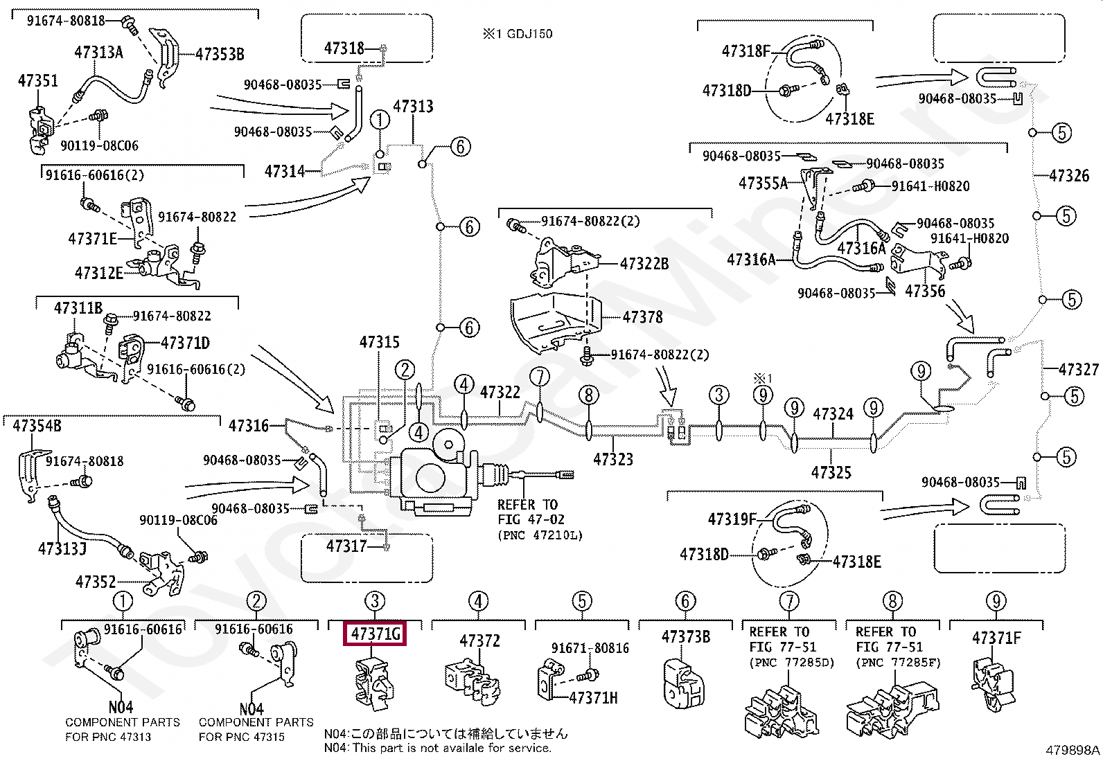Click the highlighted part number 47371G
coord(375,634)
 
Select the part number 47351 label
coord(38,81)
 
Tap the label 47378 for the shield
coord(642,317)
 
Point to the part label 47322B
coord(644,264)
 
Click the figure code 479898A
coord(1073,750)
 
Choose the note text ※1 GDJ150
coord(518,33)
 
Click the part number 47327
coord(1078,369)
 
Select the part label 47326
coord(1069,175)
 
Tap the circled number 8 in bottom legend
coord(892,601)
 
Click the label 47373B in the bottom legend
coord(685,636)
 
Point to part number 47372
coord(479,641)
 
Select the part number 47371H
coord(593,698)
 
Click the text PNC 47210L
coord(540,535)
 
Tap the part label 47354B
coord(37,425)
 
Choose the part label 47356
coord(925,292)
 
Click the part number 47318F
coord(746,51)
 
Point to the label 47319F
coord(732,519)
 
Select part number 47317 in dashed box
coord(346,546)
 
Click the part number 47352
coord(96,582)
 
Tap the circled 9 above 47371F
coord(996,601)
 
